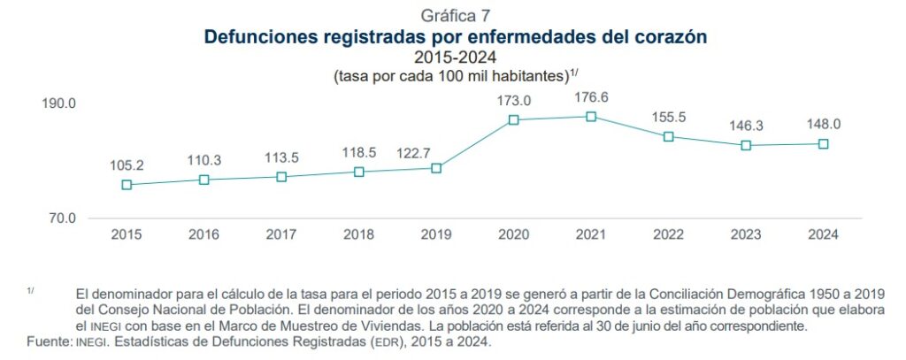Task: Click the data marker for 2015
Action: [127, 185]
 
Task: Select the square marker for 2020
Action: [514, 119]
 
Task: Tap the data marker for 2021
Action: [591, 117]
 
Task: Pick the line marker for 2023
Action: [746, 145]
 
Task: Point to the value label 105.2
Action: [127, 165]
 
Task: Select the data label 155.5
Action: [669, 116]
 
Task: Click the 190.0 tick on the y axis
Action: [59, 103]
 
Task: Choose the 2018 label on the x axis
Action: [358, 235]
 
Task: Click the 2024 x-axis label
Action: [824, 235]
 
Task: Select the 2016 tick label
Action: [203, 235]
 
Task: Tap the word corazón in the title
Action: [664, 37]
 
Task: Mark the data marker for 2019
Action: [436, 168]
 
